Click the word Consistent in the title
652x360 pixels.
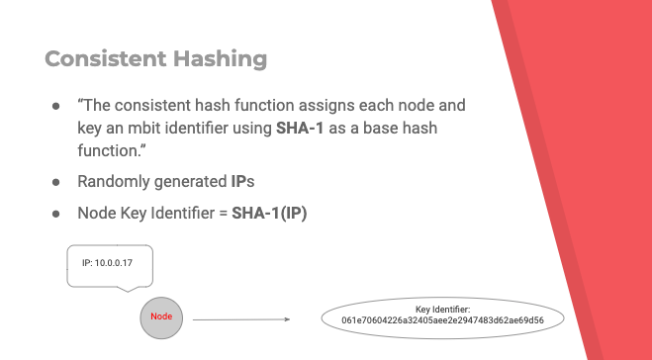[x=106, y=58]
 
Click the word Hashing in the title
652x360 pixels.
[x=221, y=59]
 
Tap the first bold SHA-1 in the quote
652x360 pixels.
[x=300, y=128]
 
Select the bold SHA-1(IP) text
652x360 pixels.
[x=269, y=213]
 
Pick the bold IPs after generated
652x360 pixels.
[x=242, y=181]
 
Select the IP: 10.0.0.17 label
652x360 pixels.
[x=107, y=263]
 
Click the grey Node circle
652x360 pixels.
[x=161, y=318]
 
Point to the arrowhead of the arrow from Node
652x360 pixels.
[x=287, y=319]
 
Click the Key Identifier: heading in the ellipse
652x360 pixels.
[x=443, y=310]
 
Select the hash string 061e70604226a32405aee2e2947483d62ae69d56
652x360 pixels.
[x=442, y=320]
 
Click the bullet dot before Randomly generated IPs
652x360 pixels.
[x=56, y=182]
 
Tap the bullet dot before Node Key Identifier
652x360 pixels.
[x=56, y=214]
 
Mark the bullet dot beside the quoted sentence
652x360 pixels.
[x=56, y=106]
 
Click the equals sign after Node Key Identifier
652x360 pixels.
[x=224, y=214]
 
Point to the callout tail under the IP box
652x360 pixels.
[x=128, y=290]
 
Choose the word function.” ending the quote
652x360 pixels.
[x=112, y=150]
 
